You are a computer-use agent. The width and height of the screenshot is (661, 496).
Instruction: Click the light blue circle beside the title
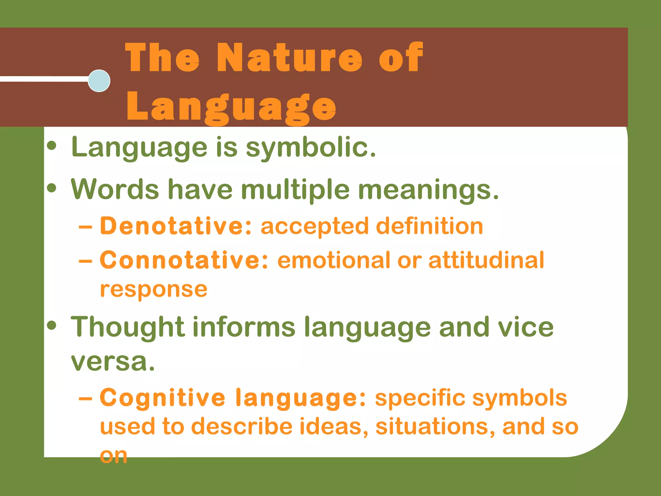99,81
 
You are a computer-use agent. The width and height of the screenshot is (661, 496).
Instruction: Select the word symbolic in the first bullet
310,148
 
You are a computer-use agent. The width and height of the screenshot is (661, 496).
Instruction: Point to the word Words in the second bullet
115,189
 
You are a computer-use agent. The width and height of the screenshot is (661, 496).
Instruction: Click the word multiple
295,190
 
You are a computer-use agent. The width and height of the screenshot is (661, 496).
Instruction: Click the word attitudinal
486,260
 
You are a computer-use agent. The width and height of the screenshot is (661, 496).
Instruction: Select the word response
154,289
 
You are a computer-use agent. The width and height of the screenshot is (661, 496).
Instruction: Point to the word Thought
128,327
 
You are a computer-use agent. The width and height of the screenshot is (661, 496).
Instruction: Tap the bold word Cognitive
162,398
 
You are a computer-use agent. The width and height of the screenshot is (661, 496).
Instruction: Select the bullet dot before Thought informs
52,325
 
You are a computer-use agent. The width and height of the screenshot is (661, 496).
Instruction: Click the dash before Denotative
86,227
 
